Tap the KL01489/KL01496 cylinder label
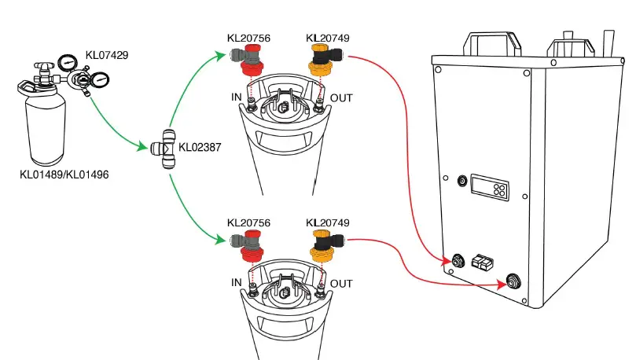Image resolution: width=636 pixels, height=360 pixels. point(64,174)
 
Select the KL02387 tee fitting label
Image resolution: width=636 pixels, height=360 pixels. point(200,146)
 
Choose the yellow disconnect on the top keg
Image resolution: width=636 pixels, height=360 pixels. point(321,62)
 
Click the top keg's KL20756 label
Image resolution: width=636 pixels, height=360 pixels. point(248,39)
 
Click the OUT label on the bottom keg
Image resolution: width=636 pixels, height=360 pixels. point(341,283)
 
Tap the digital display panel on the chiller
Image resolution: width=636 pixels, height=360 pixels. point(488,187)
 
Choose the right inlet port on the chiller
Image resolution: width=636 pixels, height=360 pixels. point(514,280)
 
